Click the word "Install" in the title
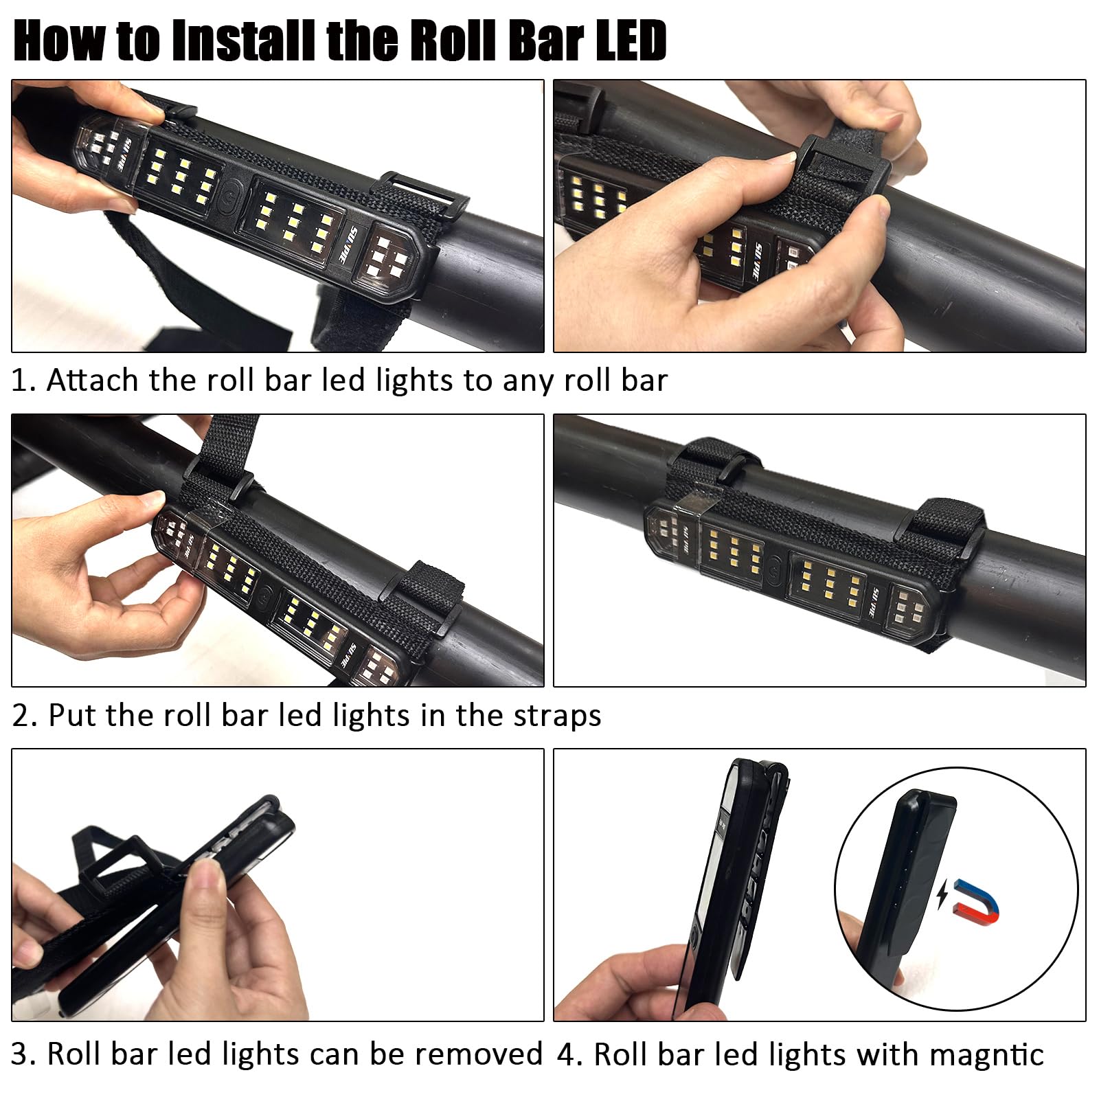point(244,41)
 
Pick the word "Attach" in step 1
point(92,380)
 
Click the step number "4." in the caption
point(569,1054)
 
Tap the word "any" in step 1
point(528,381)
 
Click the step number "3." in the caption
point(24,1054)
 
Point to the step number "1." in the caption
point(23,380)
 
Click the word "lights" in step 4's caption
point(800,1054)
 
